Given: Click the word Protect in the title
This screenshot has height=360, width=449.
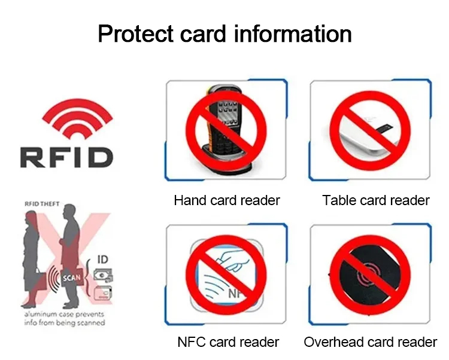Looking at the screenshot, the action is click(x=135, y=33).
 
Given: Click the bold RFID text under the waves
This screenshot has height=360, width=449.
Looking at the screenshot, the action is click(x=66, y=157).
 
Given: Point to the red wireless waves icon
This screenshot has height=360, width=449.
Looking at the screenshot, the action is click(x=77, y=118).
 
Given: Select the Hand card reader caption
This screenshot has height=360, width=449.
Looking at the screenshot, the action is click(x=227, y=200).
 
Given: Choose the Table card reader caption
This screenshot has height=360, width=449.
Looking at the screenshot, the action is click(x=376, y=200).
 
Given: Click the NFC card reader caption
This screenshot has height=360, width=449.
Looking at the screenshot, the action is click(x=228, y=342).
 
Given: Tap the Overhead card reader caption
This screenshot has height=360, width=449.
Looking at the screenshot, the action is click(x=370, y=342).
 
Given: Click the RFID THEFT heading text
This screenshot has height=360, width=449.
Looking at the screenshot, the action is click(x=42, y=204).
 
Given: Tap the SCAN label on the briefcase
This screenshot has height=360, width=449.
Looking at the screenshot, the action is click(x=72, y=277).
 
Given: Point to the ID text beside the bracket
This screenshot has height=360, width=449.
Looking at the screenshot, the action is click(x=103, y=260).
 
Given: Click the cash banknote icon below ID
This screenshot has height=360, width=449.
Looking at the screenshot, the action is click(x=103, y=276).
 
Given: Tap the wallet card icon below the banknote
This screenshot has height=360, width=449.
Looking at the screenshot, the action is click(x=103, y=293).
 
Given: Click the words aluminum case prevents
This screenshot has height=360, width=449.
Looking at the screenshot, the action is click(x=64, y=314).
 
